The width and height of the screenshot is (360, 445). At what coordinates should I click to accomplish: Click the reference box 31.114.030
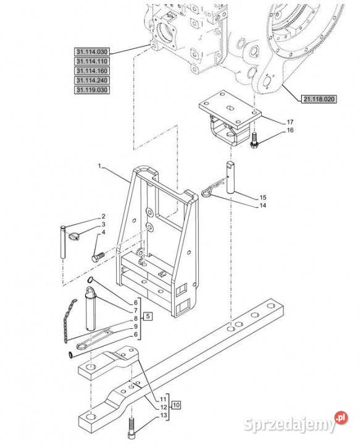[92, 52]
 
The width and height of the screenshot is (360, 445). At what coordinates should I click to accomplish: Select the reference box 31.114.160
[92, 70]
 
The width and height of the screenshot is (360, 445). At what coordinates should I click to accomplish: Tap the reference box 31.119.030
[92, 90]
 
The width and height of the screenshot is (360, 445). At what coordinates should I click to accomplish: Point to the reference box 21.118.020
[319, 99]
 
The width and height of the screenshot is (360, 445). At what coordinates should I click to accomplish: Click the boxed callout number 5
[148, 316]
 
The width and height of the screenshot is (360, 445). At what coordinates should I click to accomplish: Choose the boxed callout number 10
[176, 405]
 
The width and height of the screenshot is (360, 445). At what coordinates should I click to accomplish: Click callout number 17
[290, 122]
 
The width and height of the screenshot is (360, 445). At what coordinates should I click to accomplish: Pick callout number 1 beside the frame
[99, 166]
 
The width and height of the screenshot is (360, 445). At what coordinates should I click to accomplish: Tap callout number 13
[164, 415]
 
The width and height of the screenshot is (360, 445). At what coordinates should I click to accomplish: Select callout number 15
[263, 197]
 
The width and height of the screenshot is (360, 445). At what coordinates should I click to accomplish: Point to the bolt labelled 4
[98, 257]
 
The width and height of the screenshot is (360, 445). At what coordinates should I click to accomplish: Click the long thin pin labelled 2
[63, 242]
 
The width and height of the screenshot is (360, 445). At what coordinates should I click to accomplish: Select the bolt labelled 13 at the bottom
[132, 428]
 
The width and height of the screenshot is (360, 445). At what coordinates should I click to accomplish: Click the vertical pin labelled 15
[230, 177]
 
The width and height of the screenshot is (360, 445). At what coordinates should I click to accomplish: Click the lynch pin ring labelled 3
[73, 236]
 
